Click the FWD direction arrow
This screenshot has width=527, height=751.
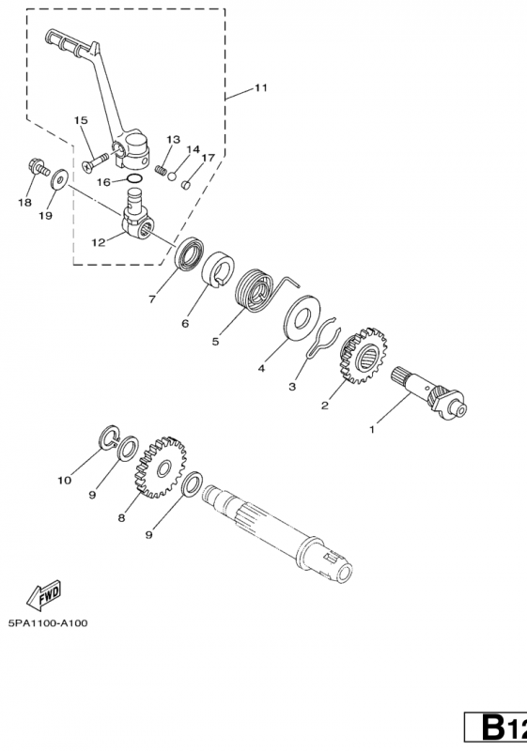coord(43,594)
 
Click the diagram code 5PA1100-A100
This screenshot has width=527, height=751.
coord(48,623)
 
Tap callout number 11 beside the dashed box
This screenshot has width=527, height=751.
coord(260,87)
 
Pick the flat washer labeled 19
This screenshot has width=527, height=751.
coord(59,178)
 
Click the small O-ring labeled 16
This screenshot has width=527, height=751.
coord(134,179)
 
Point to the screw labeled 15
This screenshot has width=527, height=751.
coord(95,161)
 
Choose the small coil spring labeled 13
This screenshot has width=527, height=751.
coord(161,170)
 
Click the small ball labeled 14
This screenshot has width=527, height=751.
coord(172,176)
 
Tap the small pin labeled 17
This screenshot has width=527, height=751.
coord(186,184)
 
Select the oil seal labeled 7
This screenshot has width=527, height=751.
coord(189,253)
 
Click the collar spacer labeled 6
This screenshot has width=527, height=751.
coord(218,269)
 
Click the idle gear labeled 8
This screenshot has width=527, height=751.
coord(161,467)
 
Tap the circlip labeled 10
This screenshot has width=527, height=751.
coord(109,437)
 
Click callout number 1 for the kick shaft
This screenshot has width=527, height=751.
coord(372,430)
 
